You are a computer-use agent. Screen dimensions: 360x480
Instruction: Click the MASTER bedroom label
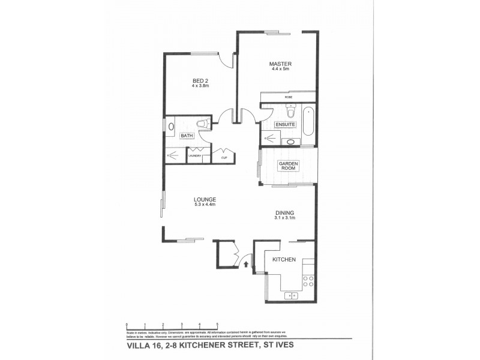tap(280, 64)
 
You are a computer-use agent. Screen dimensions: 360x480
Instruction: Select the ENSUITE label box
tap(285, 124)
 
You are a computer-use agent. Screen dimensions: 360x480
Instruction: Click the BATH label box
tap(187, 136)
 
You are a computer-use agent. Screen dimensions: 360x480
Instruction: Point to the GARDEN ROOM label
tap(288, 166)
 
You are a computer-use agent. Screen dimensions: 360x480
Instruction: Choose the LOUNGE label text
tap(205, 200)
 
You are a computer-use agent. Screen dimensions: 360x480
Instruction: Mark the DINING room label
tap(285, 213)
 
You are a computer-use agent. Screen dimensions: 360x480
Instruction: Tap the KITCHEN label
tap(284, 259)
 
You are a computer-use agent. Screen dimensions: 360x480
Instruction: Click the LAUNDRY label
tap(195, 157)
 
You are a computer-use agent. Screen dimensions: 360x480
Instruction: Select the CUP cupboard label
tap(223, 158)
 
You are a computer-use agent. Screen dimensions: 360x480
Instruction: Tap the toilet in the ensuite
tap(291, 112)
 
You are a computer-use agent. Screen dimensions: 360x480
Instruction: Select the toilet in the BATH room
tap(203, 124)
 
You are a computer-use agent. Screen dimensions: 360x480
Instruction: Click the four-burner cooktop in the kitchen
tap(308, 280)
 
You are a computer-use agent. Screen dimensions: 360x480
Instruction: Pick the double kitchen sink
tap(292, 295)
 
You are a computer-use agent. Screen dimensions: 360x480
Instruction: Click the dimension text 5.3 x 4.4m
tap(205, 206)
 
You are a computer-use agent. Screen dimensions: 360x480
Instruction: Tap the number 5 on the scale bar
tap(217, 324)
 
